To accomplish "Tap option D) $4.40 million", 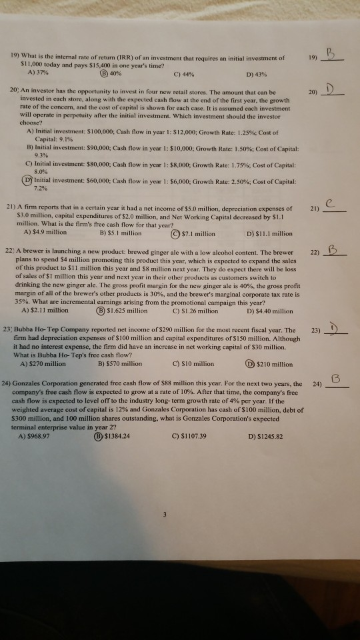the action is pos(269,311).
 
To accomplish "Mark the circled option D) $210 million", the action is pos(269,364).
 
